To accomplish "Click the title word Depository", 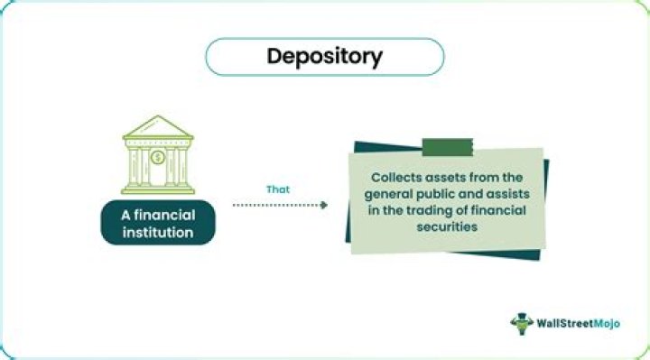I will point(324,56).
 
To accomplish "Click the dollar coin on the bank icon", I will point(158,158).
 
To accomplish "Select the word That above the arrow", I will point(277,189).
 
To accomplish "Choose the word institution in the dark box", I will point(158,232).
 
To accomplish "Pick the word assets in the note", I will point(447,178).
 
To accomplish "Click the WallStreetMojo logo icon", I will point(521,323).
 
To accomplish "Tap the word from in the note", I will point(486,178).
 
